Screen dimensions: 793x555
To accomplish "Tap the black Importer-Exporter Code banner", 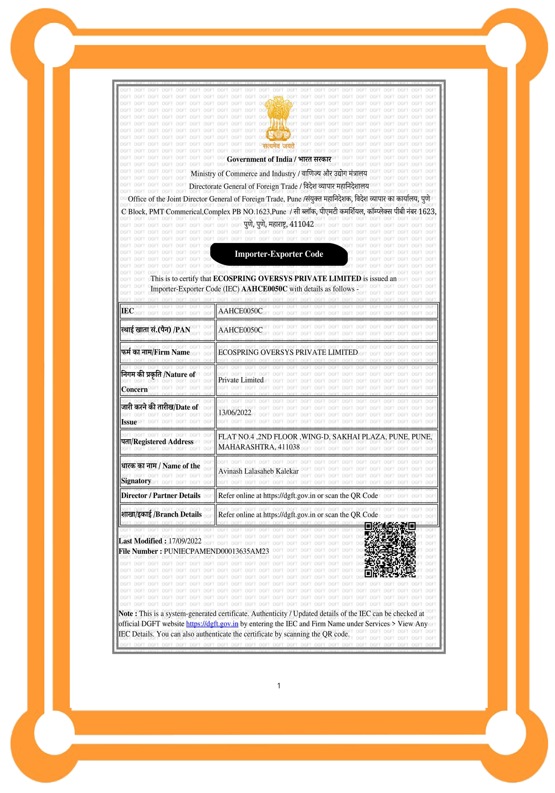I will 279,254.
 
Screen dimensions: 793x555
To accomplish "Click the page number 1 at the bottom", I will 279,686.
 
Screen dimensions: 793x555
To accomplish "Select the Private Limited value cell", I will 241,380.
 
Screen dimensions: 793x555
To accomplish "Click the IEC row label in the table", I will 127,311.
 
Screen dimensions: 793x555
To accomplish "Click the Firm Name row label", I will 155,352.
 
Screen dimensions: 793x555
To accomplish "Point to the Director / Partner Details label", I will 160,496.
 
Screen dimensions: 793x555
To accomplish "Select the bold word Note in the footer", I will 127,614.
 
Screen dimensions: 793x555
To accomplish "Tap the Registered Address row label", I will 157,442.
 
